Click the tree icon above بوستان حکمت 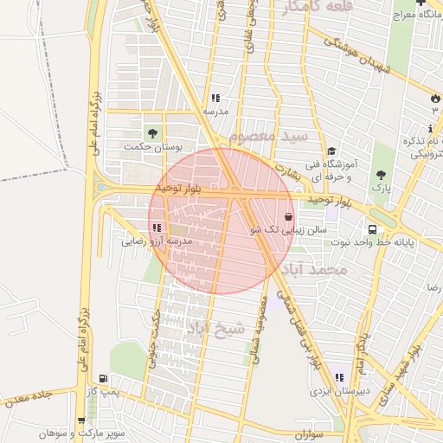click(x=152, y=133)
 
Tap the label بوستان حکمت click(x=155, y=147)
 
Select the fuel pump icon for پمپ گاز click(x=104, y=379)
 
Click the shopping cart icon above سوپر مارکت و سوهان click(x=81, y=421)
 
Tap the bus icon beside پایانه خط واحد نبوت click(x=371, y=230)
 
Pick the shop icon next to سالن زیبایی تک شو click(x=287, y=218)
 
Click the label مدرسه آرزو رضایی click(x=156, y=241)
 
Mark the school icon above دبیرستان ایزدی click(x=339, y=377)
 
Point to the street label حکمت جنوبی click(x=155, y=338)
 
